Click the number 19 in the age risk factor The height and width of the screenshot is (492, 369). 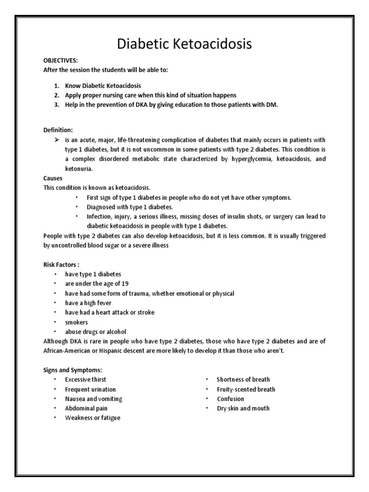[x=126, y=283]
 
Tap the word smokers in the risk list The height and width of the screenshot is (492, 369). [x=76, y=322]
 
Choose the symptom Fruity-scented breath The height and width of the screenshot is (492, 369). [x=246, y=389]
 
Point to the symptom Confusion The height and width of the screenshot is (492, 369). [x=231, y=399]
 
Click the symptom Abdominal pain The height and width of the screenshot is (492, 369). [x=86, y=408]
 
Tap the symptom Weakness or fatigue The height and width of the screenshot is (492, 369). [x=93, y=418]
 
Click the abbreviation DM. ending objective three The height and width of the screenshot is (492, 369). [x=271, y=105]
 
